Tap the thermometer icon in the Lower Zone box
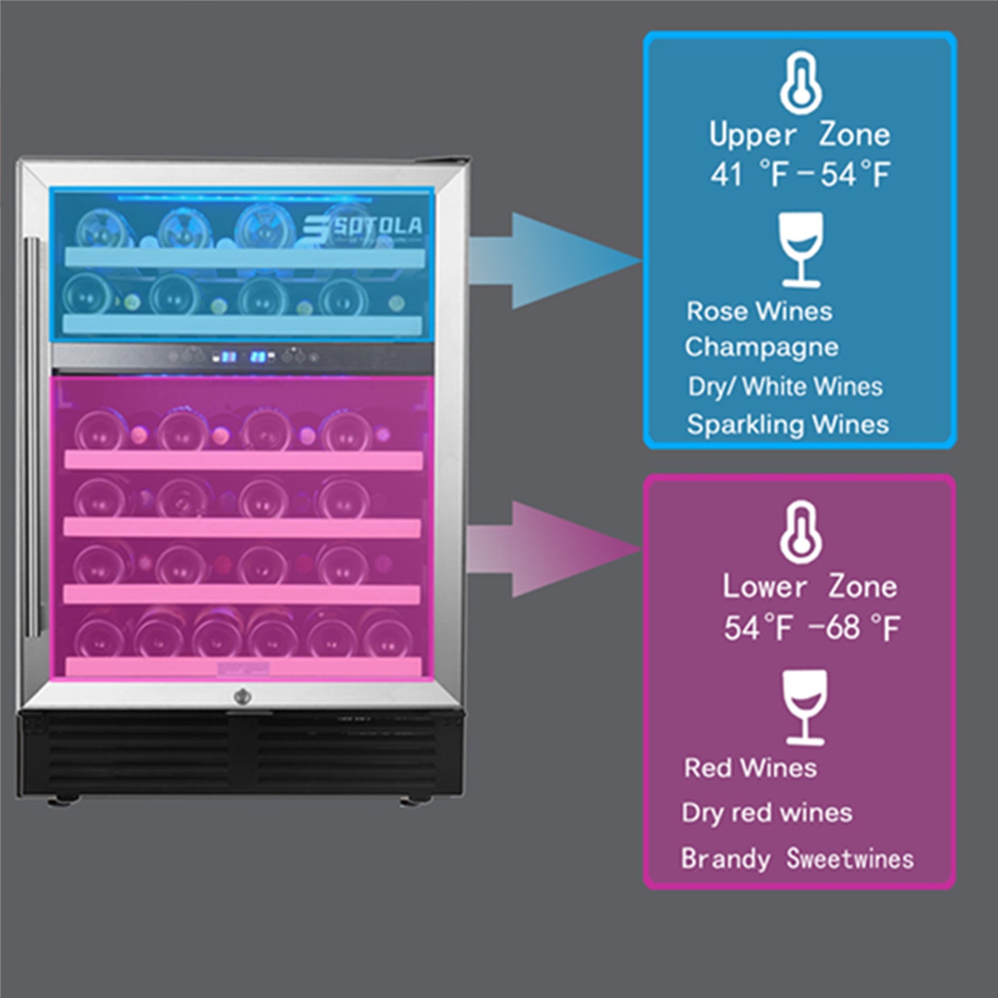pyautogui.click(x=800, y=534)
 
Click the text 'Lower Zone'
pyautogui.click(x=809, y=588)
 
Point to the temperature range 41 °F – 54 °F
pyautogui.click(x=800, y=175)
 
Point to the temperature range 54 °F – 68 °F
pyautogui.click(x=811, y=628)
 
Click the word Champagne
pyautogui.click(x=762, y=348)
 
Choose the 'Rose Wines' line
pyautogui.click(x=760, y=311)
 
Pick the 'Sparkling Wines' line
pyautogui.click(x=788, y=425)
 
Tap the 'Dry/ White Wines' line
pyautogui.click(x=785, y=387)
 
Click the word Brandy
pyautogui.click(x=725, y=859)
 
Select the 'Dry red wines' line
pyautogui.click(x=767, y=813)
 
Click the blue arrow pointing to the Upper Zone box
pyautogui.click(x=555, y=262)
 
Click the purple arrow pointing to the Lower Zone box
pyautogui.click(x=555, y=549)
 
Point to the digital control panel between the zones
pyautogui.click(x=243, y=357)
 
